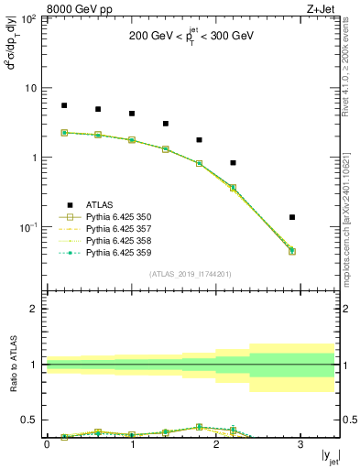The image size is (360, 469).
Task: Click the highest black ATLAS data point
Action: [64, 105]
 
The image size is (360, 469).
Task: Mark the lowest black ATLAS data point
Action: [292, 217]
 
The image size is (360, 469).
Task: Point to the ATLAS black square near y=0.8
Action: [234, 163]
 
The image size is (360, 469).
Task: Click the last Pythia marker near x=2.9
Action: [292, 250]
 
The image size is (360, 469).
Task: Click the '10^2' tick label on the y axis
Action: [29, 18]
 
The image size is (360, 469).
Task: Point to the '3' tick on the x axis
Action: [300, 444]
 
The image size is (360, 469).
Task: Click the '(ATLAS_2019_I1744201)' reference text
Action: [191, 273]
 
